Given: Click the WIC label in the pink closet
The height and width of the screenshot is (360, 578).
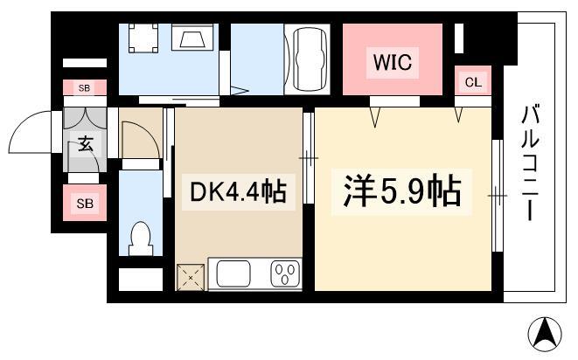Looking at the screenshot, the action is [393, 62].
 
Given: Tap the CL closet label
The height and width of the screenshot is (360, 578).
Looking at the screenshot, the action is [473, 82].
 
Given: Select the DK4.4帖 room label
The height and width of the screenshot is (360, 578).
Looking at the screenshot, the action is [238, 192].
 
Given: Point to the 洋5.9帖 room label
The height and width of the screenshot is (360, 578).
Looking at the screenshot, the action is [401, 191].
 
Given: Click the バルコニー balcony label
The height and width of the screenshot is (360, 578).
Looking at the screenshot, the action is [530, 163].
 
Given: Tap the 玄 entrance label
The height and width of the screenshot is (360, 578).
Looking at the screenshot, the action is [85, 143].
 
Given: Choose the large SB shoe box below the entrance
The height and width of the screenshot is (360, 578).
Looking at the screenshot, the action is [85, 203].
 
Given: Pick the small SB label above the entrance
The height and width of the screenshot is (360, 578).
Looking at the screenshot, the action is [85, 88].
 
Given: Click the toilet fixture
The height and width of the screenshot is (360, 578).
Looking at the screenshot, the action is [141, 239].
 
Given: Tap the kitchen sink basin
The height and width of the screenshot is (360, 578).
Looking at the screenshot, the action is [233, 273].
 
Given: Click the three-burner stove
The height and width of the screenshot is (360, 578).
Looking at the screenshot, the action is [285, 273].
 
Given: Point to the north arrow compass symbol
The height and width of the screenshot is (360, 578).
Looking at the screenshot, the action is [545, 334].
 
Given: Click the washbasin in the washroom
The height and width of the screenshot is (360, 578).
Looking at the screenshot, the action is [192, 38].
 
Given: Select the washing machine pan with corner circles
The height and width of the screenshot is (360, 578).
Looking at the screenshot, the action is [143, 38].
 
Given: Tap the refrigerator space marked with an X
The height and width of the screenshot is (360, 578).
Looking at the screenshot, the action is [191, 278].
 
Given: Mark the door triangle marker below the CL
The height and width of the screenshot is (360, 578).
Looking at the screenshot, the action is [458, 114].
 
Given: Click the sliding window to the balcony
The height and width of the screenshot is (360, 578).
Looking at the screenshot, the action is [498, 196].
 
